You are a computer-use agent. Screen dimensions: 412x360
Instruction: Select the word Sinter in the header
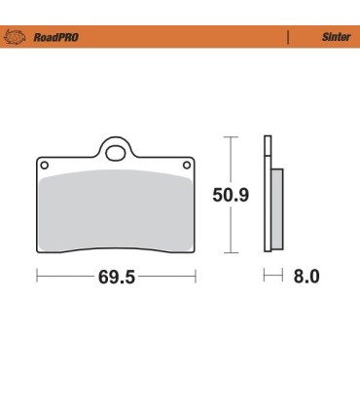(336, 37)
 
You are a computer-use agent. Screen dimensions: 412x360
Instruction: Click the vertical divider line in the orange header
(287, 37)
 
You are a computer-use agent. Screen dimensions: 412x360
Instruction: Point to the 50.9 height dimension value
(231, 195)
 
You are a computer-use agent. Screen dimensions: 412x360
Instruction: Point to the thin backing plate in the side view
(267, 200)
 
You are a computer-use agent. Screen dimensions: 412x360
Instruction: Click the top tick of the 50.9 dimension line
(231, 136)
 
